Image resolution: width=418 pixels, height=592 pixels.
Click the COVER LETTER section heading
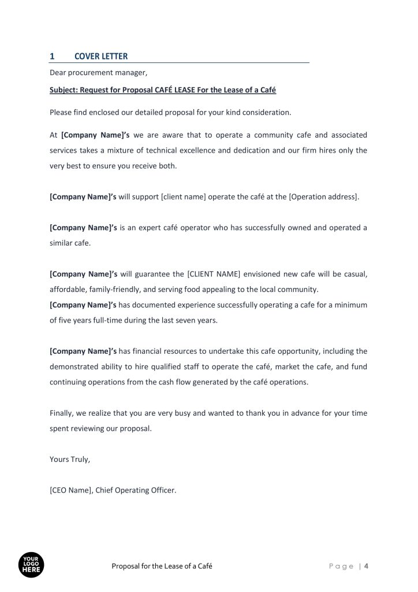[x=101, y=56]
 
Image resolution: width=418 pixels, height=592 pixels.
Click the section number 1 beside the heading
[x=52, y=56]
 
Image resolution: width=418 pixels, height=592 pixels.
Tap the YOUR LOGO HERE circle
[x=31, y=565]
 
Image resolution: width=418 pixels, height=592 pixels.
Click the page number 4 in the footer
[x=366, y=566]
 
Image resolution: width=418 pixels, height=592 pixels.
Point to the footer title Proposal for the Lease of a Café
[x=162, y=566]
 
